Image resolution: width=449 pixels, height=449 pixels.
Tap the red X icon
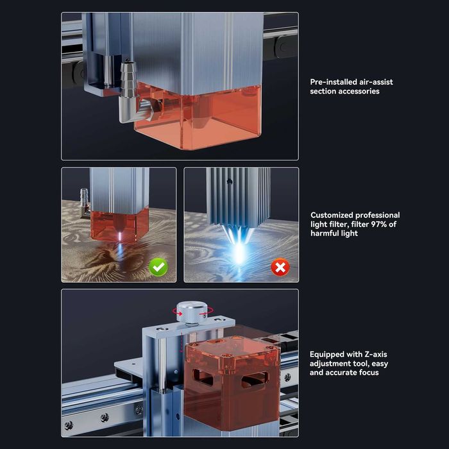[x=280, y=266]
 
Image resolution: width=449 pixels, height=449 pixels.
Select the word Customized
[x=332, y=215]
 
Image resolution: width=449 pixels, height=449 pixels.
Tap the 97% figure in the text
[x=377, y=224]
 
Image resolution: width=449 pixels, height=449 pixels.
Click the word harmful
[x=327, y=233]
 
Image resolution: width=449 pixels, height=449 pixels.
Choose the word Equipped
[x=328, y=354]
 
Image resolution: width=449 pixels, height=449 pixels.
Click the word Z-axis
[x=373, y=354]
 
